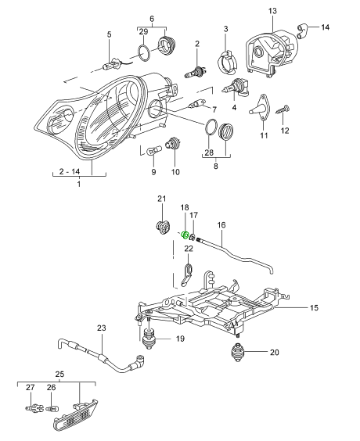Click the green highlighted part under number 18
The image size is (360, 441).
point(185,235)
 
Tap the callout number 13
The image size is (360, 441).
point(272,11)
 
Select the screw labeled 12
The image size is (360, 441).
point(283,109)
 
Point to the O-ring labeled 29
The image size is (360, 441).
point(144,52)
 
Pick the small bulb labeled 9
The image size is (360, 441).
point(155,149)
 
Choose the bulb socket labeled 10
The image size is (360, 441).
point(173,143)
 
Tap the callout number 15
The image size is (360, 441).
point(314,308)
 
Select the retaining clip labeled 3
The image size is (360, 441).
point(227,61)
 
